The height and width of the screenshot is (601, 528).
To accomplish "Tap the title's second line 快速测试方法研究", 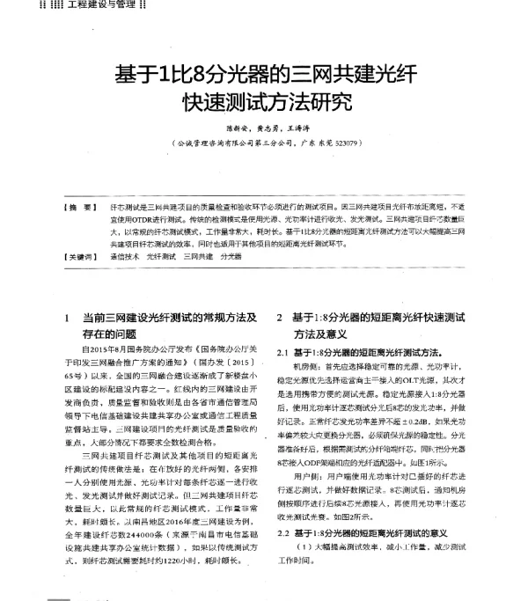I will coord(263,102).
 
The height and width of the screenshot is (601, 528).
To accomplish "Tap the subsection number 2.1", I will coord(282,351).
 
